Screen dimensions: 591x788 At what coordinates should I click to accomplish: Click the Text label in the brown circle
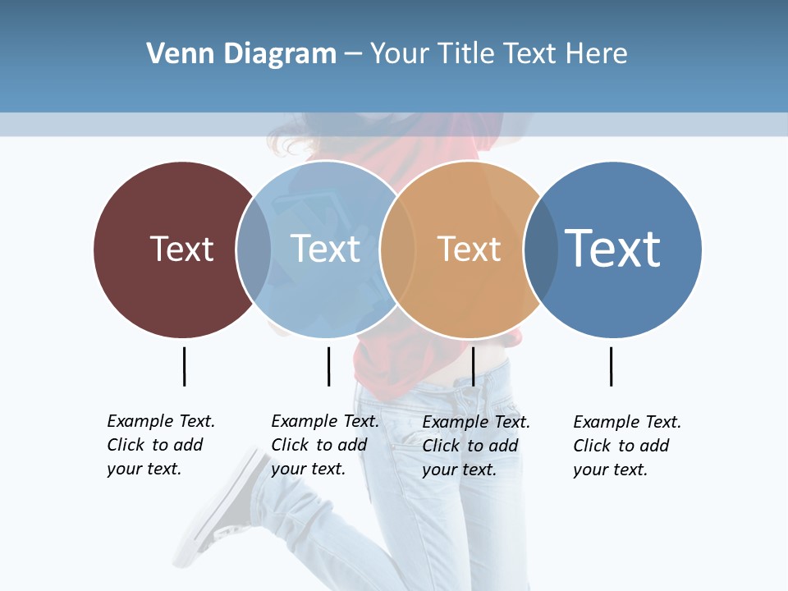181,249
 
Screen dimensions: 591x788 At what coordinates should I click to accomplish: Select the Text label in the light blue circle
326,249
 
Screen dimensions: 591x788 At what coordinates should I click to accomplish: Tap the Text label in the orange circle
469,249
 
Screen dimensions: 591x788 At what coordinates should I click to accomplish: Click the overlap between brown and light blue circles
254,249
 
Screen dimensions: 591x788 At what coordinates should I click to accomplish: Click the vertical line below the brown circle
184,366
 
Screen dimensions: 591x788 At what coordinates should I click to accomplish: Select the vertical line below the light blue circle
328,366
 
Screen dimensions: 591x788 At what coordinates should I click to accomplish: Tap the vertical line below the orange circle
473,366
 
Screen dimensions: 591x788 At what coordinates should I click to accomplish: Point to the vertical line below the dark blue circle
611,366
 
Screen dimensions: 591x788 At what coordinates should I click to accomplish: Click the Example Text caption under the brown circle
161,445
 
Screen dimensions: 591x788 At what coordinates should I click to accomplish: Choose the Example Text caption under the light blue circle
325,445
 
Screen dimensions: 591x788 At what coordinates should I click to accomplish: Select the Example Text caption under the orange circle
476,446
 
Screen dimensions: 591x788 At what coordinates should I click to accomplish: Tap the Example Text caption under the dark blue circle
627,446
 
